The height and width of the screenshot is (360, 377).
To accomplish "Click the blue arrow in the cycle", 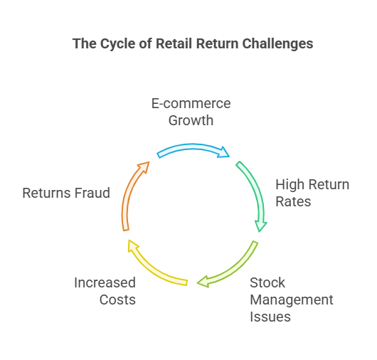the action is click(x=192, y=147).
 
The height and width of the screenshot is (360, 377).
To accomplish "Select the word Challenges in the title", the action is click(x=277, y=44).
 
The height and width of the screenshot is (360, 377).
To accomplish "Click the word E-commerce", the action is click(x=191, y=104).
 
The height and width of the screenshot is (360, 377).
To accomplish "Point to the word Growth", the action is click(x=191, y=120).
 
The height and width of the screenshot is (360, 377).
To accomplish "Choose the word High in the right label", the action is click(x=290, y=185).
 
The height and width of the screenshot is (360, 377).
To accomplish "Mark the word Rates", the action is click(x=293, y=201).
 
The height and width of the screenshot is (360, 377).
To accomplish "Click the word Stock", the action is click(x=267, y=282).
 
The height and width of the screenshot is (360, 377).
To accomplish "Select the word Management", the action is click(x=292, y=300).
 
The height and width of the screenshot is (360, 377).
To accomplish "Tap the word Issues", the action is click(x=270, y=317).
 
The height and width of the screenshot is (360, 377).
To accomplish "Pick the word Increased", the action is click(x=105, y=282).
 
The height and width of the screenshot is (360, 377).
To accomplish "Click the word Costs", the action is click(x=117, y=300).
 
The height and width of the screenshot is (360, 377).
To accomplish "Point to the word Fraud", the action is click(x=92, y=193).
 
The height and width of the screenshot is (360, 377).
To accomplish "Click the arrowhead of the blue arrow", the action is click(x=223, y=152).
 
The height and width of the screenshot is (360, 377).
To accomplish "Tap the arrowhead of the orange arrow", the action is click(x=144, y=166).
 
